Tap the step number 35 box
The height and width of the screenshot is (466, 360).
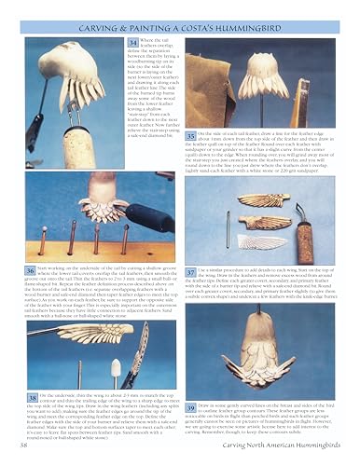pos(190,137)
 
